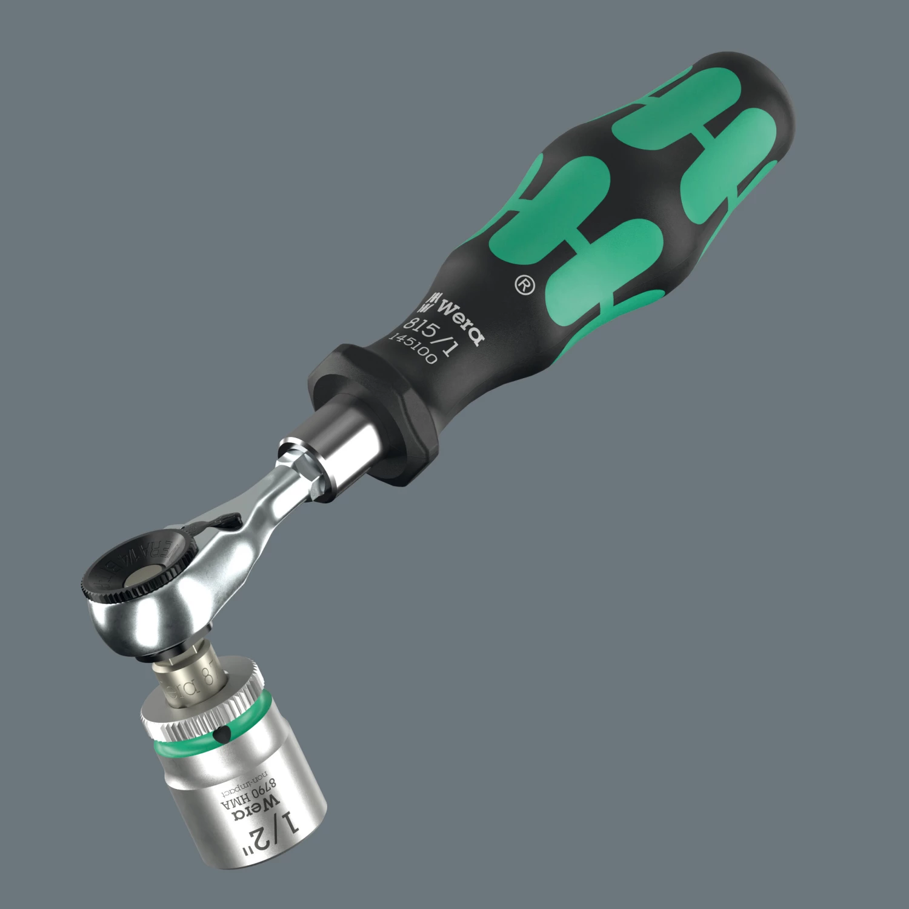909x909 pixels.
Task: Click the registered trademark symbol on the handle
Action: [x=525, y=285]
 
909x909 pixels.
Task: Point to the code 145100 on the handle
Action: [x=413, y=349]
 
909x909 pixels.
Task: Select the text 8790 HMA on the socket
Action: [x=248, y=796]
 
